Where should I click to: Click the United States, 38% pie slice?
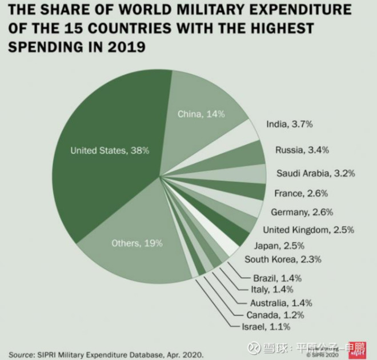click(109, 151)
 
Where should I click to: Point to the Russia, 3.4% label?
click(297, 150)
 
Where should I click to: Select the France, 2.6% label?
click(299, 193)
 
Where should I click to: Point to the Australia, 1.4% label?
click(276, 303)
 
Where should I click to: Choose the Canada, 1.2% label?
click(271, 315)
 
